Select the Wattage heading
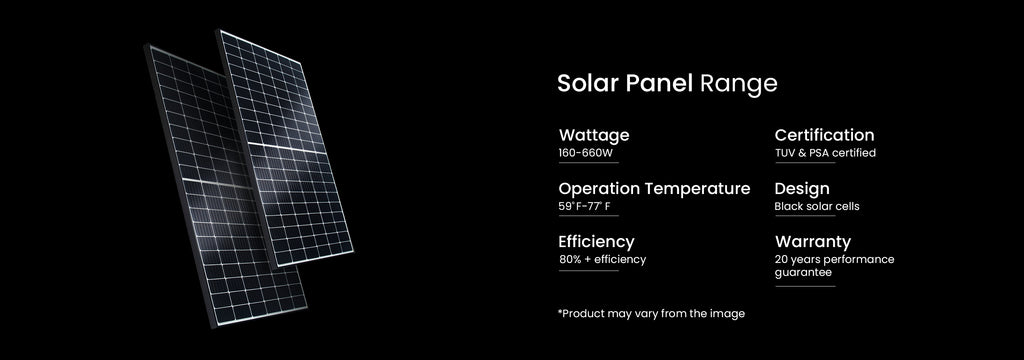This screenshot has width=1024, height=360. (x=594, y=135)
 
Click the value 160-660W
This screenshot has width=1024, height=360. (x=585, y=153)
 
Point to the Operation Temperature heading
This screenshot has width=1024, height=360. (x=654, y=189)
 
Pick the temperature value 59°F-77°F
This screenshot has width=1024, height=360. (x=584, y=207)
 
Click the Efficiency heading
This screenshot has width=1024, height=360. (x=596, y=242)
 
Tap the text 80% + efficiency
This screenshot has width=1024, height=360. (x=602, y=260)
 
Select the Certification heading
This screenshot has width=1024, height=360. (x=824, y=135)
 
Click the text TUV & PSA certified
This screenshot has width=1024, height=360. (x=825, y=153)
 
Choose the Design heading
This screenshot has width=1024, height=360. (x=802, y=189)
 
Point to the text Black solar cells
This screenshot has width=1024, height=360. (x=816, y=207)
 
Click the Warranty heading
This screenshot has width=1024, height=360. (x=812, y=242)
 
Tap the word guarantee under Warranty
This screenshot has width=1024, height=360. (x=803, y=272)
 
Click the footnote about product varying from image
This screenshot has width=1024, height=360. (x=651, y=314)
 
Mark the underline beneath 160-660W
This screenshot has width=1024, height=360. (x=588, y=163)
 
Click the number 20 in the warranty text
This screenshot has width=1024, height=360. (x=781, y=260)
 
